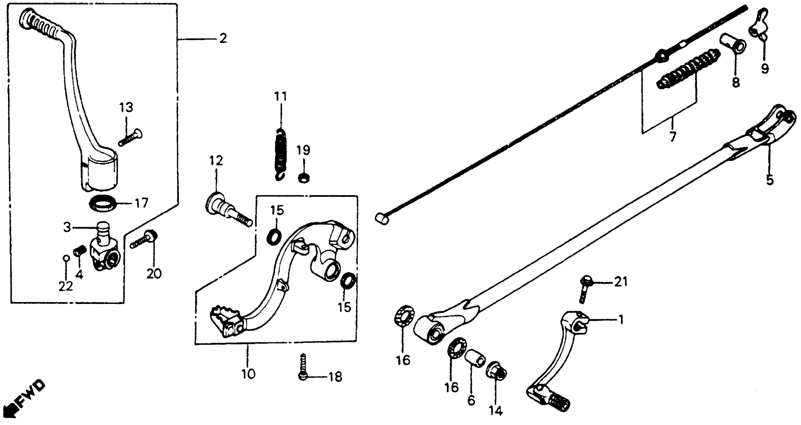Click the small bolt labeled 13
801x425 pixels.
pyautogui.click(x=131, y=138)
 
